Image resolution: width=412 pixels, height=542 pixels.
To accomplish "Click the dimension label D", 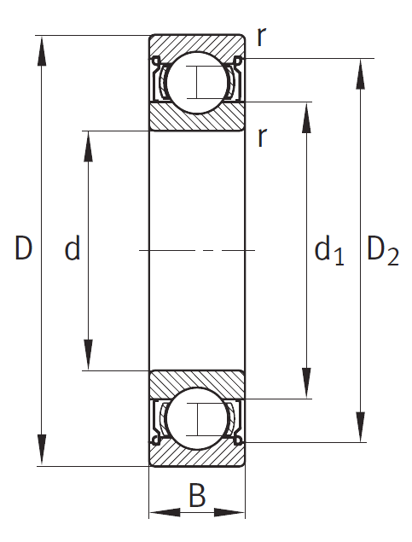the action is (x=24, y=248).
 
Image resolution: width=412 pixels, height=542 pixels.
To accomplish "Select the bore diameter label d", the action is (x=73, y=248).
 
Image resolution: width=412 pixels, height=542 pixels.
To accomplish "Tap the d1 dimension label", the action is (x=329, y=250).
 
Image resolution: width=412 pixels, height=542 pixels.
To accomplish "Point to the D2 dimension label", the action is (x=383, y=251).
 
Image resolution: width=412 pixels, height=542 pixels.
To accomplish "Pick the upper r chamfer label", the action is (x=262, y=37).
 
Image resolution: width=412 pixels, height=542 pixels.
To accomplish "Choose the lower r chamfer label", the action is (x=262, y=137).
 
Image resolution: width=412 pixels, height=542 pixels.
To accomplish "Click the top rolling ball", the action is (x=197, y=83).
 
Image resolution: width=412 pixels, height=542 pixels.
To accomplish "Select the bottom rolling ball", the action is (x=197, y=418).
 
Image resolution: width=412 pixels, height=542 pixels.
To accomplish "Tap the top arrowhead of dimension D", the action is (x=42, y=51).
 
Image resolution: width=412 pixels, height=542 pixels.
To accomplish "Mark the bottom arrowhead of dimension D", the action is (x=42, y=450).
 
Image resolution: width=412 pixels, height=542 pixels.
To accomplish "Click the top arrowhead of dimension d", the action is (x=89, y=147).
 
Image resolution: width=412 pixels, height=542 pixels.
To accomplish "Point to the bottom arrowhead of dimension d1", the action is (x=306, y=383).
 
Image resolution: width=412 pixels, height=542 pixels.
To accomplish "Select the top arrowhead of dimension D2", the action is (x=361, y=74).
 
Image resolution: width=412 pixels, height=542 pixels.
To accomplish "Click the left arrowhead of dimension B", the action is (x=165, y=512).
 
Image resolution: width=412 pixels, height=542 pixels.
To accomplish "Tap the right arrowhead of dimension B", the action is (x=229, y=512).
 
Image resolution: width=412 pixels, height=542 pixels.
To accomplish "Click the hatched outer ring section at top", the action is (x=197, y=44).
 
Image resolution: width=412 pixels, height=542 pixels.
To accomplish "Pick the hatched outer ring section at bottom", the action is (x=197, y=457).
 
